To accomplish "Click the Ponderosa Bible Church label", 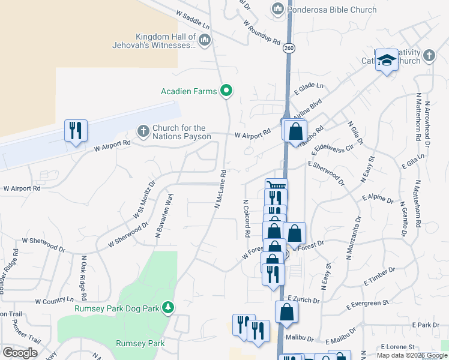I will [x=331, y=10].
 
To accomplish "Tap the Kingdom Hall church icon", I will [x=205, y=40].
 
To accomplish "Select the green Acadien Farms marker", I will [x=226, y=91].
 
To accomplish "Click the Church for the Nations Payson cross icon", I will [x=143, y=130].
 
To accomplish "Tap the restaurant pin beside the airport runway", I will [x=76, y=131].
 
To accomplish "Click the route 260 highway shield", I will [x=289, y=47].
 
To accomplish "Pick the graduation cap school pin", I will [x=387, y=60].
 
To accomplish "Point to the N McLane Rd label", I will [x=220, y=188].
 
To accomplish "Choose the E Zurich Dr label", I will [x=306, y=298].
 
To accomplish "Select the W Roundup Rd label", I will [x=262, y=32].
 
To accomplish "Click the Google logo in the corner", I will [x=20, y=352].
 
